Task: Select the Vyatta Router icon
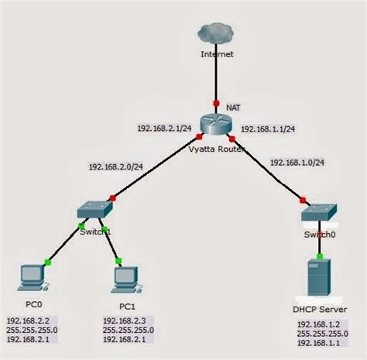coord(214,124)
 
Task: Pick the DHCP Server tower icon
coord(319,276)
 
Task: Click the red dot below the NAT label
coord(216,104)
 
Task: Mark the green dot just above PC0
coord(48,262)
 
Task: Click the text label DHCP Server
coord(319,310)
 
